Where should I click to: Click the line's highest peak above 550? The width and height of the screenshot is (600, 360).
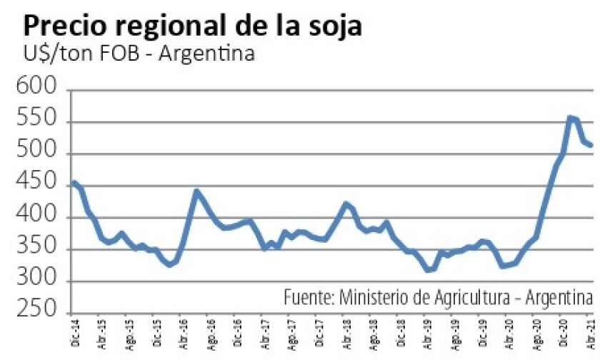[x=571, y=117]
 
